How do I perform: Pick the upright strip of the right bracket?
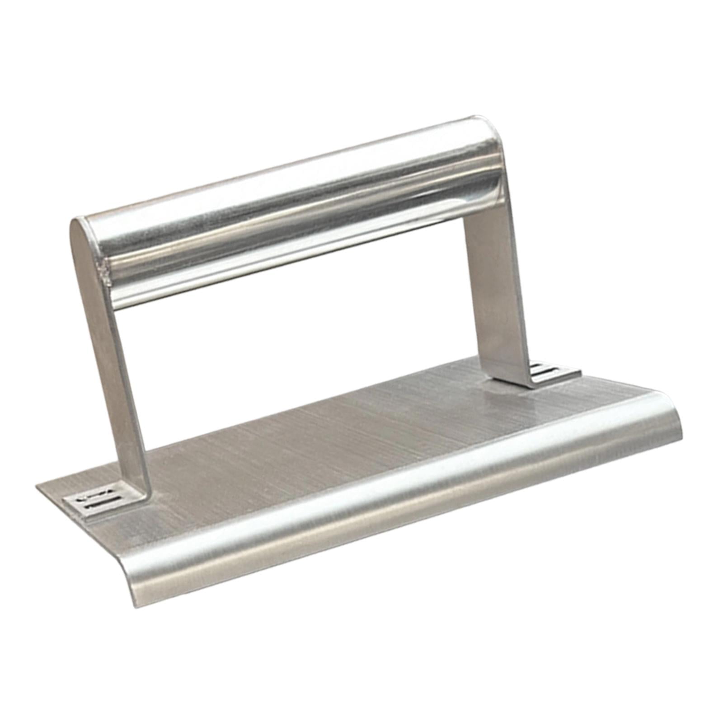(497, 289)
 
